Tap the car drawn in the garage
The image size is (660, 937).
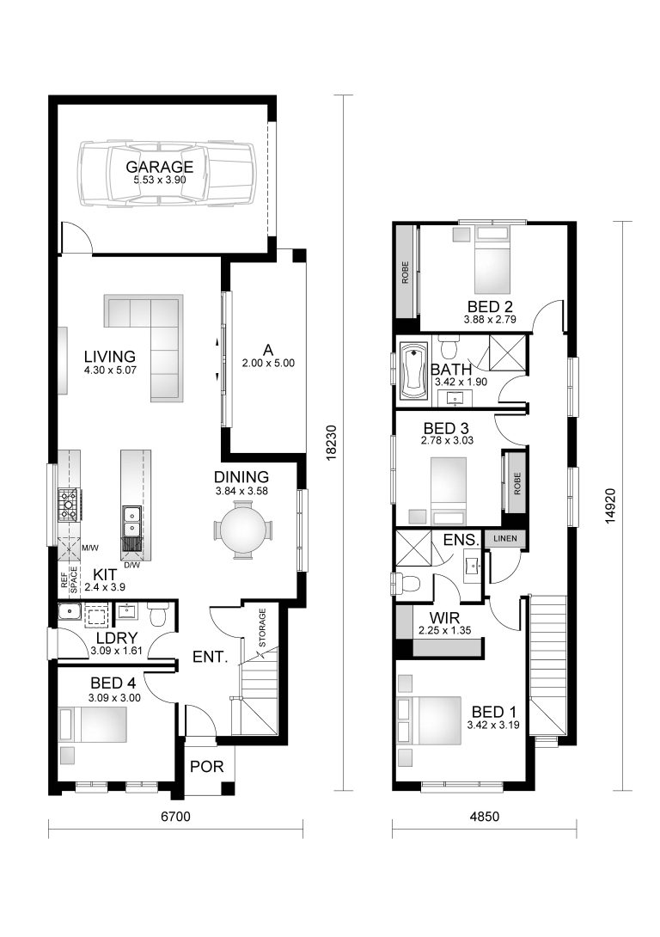pos(167,174)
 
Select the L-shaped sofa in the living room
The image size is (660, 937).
pos(155,340)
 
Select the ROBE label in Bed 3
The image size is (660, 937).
pos(516,483)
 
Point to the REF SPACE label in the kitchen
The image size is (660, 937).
pos(69,582)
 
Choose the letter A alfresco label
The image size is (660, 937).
pos(267,350)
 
